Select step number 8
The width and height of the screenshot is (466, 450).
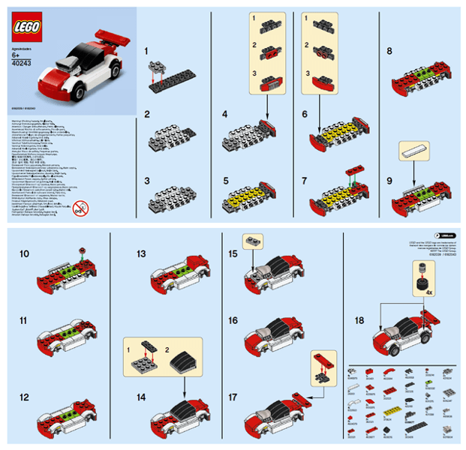pyautogui.click(x=389, y=52)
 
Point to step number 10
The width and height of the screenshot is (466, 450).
pyautogui.click(x=25, y=255)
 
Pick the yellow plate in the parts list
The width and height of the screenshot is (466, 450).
pyautogui.click(x=389, y=411)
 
